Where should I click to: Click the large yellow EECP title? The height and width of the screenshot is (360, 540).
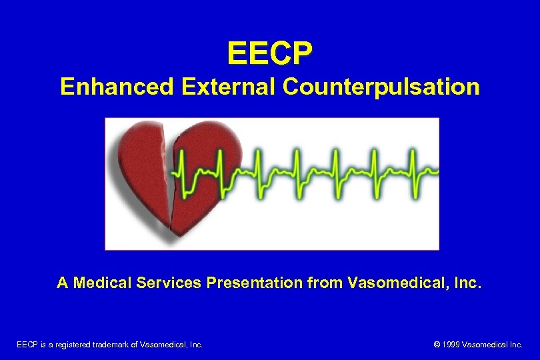[269, 54]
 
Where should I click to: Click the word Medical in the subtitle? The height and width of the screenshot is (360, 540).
[103, 283]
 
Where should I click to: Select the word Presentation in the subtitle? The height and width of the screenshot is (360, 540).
[255, 283]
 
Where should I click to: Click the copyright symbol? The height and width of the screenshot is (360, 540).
[437, 345]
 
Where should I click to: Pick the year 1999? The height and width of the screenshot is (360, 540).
[451, 345]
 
